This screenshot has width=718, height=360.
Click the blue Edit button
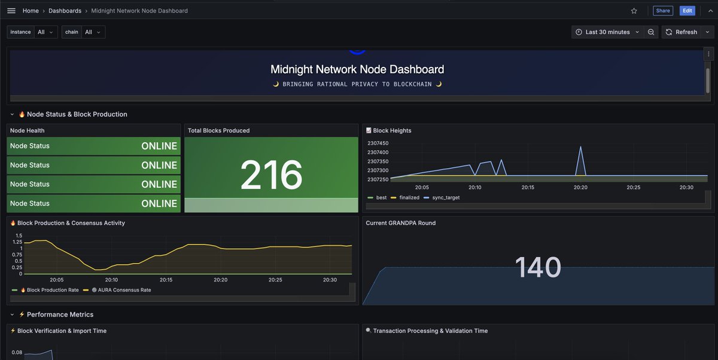[x=687, y=11]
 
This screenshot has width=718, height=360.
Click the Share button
[x=662, y=11]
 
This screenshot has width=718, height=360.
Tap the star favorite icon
[x=634, y=11]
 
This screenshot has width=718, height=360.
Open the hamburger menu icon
[x=11, y=11]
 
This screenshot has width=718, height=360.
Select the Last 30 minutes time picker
[x=607, y=32]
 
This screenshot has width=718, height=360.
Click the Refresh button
[x=682, y=32]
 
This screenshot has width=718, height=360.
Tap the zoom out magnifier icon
[x=651, y=32]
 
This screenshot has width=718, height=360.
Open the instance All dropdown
[x=44, y=32]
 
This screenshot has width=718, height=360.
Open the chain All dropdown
[x=92, y=32]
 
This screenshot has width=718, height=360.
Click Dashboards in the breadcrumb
[x=65, y=11]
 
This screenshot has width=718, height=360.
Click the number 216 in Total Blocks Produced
[x=271, y=175]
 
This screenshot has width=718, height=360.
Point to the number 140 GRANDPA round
[x=537, y=267]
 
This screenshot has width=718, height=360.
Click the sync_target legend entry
[x=445, y=197]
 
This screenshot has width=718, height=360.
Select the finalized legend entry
[x=409, y=197]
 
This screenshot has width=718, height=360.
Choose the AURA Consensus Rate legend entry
[x=121, y=290]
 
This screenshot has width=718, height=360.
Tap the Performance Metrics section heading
[x=60, y=315]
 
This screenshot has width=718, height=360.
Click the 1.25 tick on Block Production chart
[x=17, y=242]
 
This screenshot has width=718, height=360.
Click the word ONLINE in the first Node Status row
[x=159, y=146]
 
